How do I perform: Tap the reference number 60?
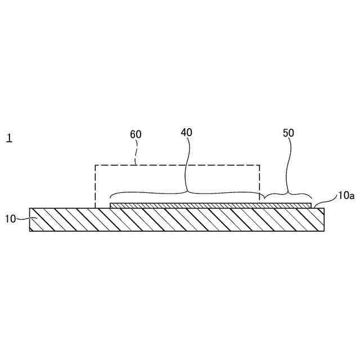(136, 134)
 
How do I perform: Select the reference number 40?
(187, 133)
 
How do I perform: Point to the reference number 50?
(288, 133)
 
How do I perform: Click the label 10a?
(346, 196)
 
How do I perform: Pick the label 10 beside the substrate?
(11, 219)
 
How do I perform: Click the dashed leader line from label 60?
(137, 152)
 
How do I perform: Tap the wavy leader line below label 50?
(289, 163)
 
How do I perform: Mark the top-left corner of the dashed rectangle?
(95, 165)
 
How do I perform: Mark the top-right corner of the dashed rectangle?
(260, 165)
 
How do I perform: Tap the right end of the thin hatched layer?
(310, 206)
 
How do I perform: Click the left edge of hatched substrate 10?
(30, 220)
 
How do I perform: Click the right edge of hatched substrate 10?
(324, 220)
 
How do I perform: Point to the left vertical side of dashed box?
(95, 186)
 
